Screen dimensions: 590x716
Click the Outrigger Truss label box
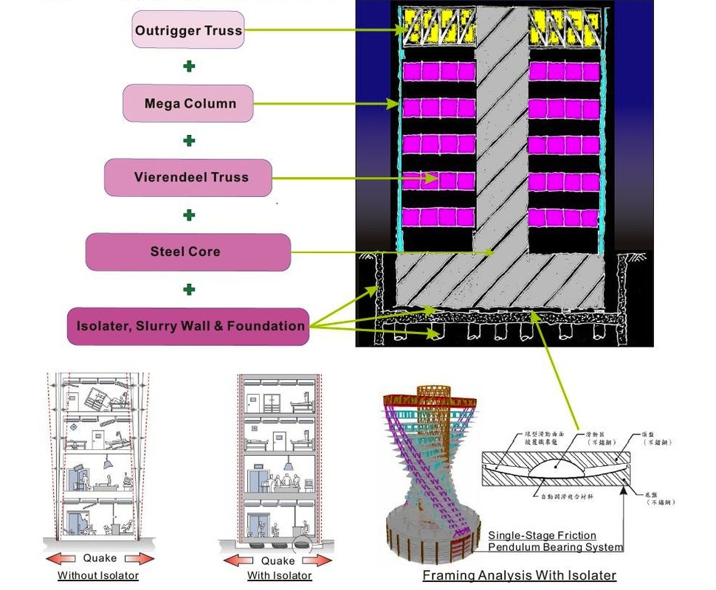(188, 30)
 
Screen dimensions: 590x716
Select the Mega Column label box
(189, 103)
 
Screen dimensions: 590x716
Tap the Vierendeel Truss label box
(188, 177)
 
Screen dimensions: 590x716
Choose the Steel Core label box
(187, 251)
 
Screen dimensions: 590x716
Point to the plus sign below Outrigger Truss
(189, 66)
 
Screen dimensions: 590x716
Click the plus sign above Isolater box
(189, 289)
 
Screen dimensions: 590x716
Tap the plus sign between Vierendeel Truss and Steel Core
(189, 215)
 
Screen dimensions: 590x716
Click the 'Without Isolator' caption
(98, 575)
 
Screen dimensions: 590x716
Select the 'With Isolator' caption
(279, 575)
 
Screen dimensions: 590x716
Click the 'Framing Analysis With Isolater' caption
(519, 575)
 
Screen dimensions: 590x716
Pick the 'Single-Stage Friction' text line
(542, 535)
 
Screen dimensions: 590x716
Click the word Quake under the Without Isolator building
(99, 558)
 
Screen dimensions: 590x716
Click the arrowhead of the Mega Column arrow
(395, 104)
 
